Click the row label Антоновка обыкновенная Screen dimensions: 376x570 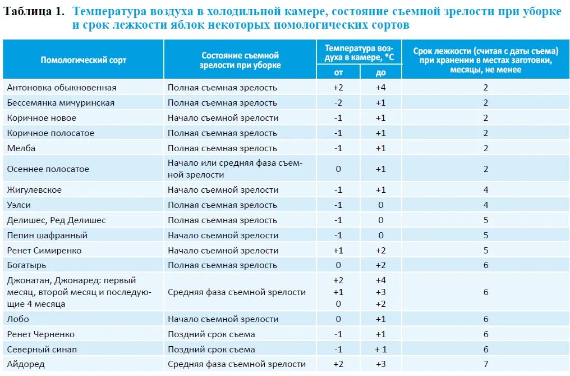[62, 88]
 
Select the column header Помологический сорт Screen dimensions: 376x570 [84, 60]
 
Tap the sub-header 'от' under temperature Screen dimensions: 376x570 [338, 73]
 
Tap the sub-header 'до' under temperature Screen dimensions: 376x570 [381, 73]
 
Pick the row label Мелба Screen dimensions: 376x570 [21, 148]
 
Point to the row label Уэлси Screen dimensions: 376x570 [20, 205]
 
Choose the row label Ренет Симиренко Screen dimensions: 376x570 [44, 251]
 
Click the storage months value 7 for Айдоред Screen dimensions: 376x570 [486, 364]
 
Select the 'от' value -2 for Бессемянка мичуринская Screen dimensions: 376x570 [338, 103]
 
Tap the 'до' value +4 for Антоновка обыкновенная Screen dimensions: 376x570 [381, 88]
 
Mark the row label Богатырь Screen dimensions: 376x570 [27, 265]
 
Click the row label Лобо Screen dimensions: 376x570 [18, 319]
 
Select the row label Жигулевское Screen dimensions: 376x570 [35, 190]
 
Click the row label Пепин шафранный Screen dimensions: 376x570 [48, 235]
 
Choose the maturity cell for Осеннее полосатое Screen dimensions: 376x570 [235, 169]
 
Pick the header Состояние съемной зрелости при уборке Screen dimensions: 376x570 [240, 60]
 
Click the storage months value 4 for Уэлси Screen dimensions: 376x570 [486, 205]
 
